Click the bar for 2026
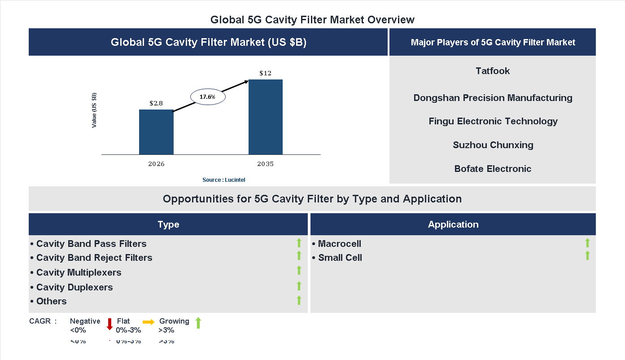click(x=156, y=132)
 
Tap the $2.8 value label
click(x=156, y=103)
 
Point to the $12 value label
click(x=265, y=73)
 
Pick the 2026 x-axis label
click(x=156, y=164)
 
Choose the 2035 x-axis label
click(x=265, y=164)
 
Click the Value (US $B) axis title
click(x=94, y=110)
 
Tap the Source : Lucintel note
click(x=223, y=180)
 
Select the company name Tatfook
click(x=493, y=71)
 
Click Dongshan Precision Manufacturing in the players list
click(x=493, y=98)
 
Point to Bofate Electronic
click(x=493, y=169)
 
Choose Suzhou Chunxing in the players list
click(x=493, y=145)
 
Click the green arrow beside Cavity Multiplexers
click(x=299, y=270)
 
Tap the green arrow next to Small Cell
click(x=587, y=256)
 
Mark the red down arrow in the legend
click(x=109, y=324)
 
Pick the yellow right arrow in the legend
click(x=149, y=322)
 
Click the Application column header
click(x=453, y=224)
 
